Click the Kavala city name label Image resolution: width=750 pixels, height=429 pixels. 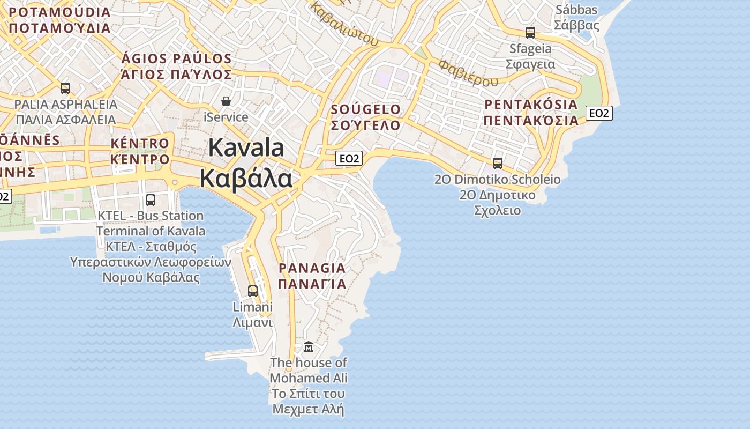(x=246, y=162)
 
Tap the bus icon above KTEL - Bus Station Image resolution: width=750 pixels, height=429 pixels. (x=151, y=200)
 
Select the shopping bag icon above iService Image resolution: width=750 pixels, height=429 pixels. (x=226, y=101)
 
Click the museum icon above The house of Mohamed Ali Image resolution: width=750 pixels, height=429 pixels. (x=309, y=347)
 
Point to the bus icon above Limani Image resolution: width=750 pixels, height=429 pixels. (x=252, y=291)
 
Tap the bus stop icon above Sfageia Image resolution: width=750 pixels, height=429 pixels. (x=530, y=33)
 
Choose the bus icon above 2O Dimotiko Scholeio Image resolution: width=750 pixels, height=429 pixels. (x=498, y=164)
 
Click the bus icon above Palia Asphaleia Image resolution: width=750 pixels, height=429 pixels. (x=65, y=88)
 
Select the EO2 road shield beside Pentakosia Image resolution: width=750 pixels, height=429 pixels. (x=599, y=113)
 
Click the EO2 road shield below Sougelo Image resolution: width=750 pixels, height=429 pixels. (x=349, y=158)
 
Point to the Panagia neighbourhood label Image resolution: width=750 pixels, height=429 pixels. (x=312, y=276)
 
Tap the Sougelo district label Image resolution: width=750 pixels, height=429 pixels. (x=366, y=117)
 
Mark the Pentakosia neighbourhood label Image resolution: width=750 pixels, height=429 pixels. (x=531, y=112)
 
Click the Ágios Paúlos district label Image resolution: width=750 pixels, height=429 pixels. (x=177, y=66)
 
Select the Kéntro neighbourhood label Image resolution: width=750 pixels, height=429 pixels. (x=140, y=151)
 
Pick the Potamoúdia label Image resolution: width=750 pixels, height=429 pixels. (x=59, y=20)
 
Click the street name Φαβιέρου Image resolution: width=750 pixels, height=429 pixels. (x=468, y=73)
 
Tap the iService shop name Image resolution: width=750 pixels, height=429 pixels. (x=226, y=117)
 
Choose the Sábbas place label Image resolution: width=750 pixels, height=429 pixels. (x=576, y=17)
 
